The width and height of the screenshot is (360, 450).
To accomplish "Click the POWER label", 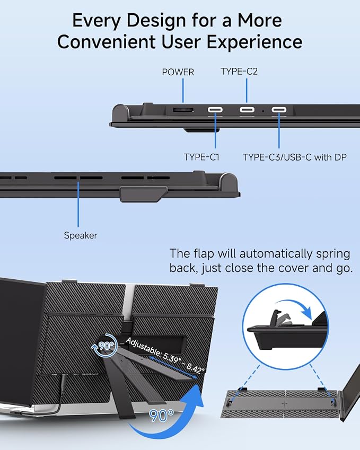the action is click(178, 72).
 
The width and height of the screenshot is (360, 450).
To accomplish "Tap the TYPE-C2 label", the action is click(239, 72).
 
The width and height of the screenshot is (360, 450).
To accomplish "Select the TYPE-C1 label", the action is click(201, 157).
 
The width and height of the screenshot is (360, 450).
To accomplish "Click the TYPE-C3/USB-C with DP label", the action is click(295, 157).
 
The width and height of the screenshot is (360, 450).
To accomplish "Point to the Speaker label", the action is click(81, 235).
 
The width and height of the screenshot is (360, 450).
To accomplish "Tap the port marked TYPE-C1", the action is click(215, 110).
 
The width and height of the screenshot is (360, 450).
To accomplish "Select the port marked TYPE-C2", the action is click(247, 110).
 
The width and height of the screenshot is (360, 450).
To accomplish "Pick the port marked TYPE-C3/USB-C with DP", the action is click(279, 110).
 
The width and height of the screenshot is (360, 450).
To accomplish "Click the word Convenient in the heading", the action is click(106, 42).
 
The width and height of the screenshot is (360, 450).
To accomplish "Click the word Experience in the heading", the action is click(254, 42).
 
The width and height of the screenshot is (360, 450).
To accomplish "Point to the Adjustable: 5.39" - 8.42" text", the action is click(165, 356).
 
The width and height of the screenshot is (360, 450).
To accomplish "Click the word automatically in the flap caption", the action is click(276, 254).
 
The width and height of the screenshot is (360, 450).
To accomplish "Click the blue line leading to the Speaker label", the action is click(78, 204).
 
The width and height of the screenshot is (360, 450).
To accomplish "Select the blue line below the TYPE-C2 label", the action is click(247, 91).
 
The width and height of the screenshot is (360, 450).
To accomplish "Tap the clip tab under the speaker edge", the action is click(144, 194).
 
